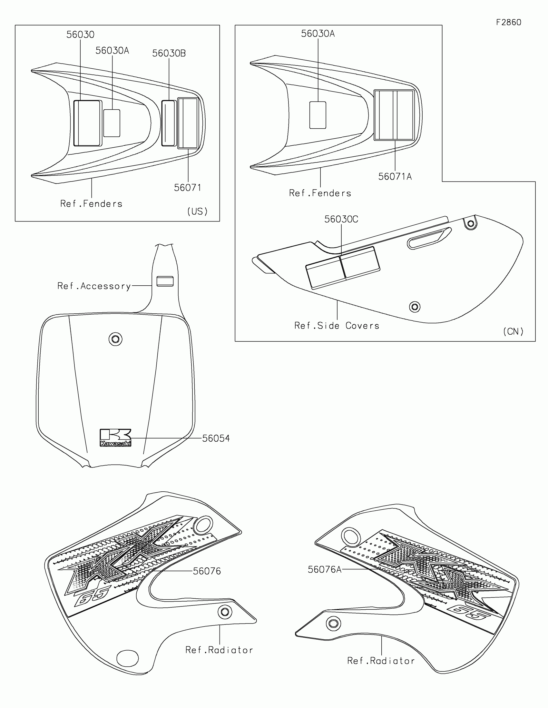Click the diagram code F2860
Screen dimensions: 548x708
[x=508, y=22]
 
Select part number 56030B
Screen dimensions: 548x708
[x=169, y=53]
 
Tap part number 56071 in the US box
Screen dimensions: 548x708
[x=187, y=188]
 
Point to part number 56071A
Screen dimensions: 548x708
[x=395, y=177]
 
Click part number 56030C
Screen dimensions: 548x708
[x=341, y=220]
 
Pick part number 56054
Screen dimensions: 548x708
[x=216, y=438]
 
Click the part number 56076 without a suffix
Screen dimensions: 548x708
[x=207, y=580]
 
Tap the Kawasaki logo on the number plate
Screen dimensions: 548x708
[x=115, y=438]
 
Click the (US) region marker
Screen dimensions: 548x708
[x=197, y=211]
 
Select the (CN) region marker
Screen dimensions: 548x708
[x=513, y=331]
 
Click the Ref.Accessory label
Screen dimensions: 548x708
[x=94, y=286]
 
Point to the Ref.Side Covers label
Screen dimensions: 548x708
[x=337, y=326]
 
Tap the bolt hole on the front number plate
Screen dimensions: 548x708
[x=115, y=339]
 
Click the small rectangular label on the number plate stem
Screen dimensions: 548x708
[x=165, y=281]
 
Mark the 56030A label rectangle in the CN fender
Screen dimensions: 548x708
[x=318, y=115]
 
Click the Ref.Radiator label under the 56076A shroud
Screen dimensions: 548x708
[x=381, y=661]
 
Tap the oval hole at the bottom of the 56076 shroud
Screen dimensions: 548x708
[x=127, y=658]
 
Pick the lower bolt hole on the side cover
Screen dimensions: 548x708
[x=415, y=307]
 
